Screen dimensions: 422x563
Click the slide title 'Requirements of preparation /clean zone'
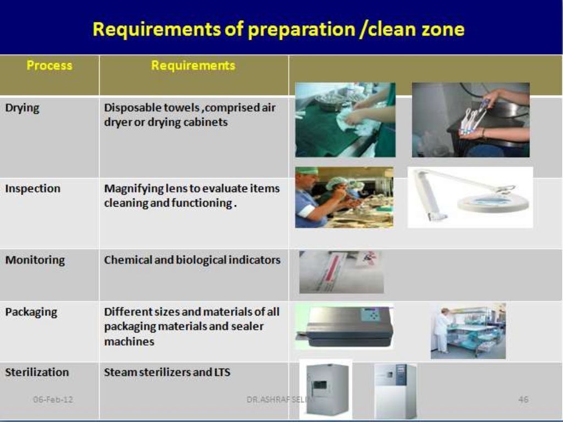(x=278, y=29)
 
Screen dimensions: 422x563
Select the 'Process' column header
(x=49, y=65)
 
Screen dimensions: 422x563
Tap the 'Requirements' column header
(x=193, y=65)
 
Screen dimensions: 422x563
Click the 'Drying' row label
(x=22, y=108)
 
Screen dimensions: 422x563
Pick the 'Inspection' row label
(x=32, y=188)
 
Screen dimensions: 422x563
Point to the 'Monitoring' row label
(x=35, y=260)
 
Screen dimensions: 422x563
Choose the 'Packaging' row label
(x=31, y=312)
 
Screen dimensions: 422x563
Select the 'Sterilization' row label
(x=37, y=373)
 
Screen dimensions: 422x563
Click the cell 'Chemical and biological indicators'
(x=192, y=260)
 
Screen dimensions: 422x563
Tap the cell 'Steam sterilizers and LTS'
(x=167, y=373)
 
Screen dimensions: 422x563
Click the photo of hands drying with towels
(x=345, y=120)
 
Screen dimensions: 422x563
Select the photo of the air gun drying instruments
(x=470, y=120)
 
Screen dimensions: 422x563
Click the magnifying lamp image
(x=470, y=197)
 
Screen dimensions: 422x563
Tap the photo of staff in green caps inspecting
(x=344, y=197)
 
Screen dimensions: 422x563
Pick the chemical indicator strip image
(x=341, y=272)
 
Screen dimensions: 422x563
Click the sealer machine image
(x=344, y=327)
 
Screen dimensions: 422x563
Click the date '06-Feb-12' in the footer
(x=53, y=399)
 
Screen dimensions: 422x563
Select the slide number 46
(x=523, y=399)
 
